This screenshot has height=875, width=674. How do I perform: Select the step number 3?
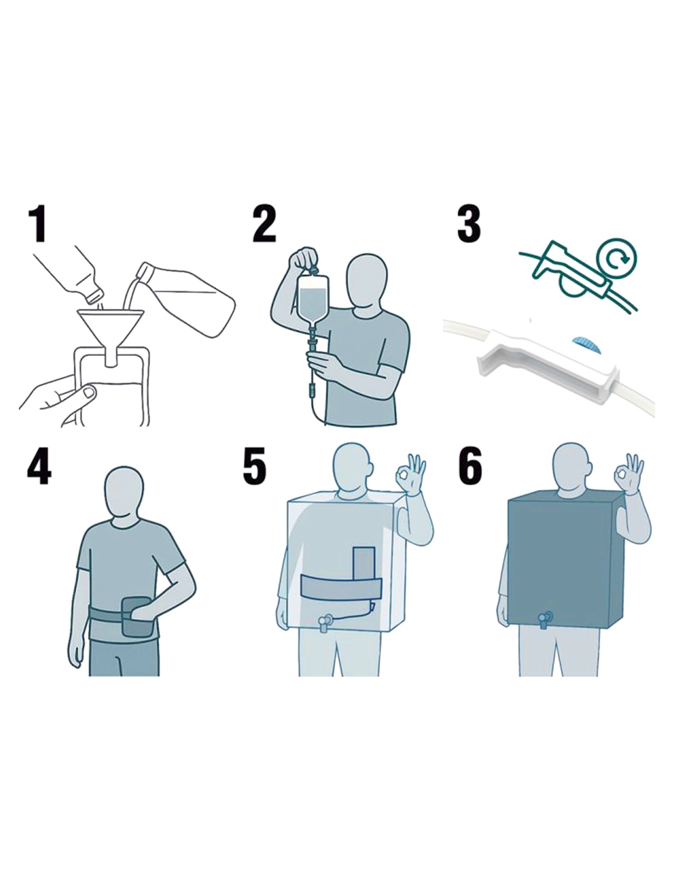click(469, 224)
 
